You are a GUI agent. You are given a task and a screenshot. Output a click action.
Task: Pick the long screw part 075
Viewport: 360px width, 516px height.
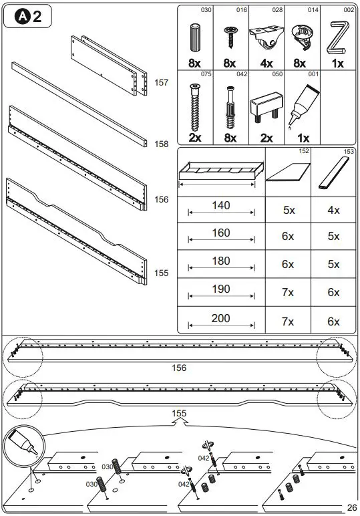click(x=195, y=107)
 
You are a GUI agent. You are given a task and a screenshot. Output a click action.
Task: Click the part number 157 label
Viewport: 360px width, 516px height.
click(x=161, y=82)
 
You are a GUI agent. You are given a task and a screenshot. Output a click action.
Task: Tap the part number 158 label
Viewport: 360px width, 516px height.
click(x=161, y=144)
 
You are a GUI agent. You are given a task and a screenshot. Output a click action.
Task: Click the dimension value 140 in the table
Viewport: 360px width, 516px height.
click(x=221, y=205)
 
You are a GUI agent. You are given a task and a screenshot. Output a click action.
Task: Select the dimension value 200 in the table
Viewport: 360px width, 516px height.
click(x=221, y=318)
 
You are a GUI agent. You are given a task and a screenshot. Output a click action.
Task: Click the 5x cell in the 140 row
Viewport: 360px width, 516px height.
click(x=289, y=209)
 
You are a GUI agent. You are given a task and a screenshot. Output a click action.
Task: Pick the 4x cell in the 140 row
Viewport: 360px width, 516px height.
click(x=333, y=209)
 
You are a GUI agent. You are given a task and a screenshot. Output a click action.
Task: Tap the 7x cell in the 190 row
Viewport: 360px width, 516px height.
click(x=289, y=293)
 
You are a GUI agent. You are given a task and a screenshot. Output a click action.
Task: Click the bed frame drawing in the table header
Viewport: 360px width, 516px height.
click(x=220, y=173)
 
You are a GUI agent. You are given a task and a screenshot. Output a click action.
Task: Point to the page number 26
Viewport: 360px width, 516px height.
click(x=352, y=507)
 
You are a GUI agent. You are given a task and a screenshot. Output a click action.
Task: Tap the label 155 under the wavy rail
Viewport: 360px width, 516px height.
click(x=178, y=414)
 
